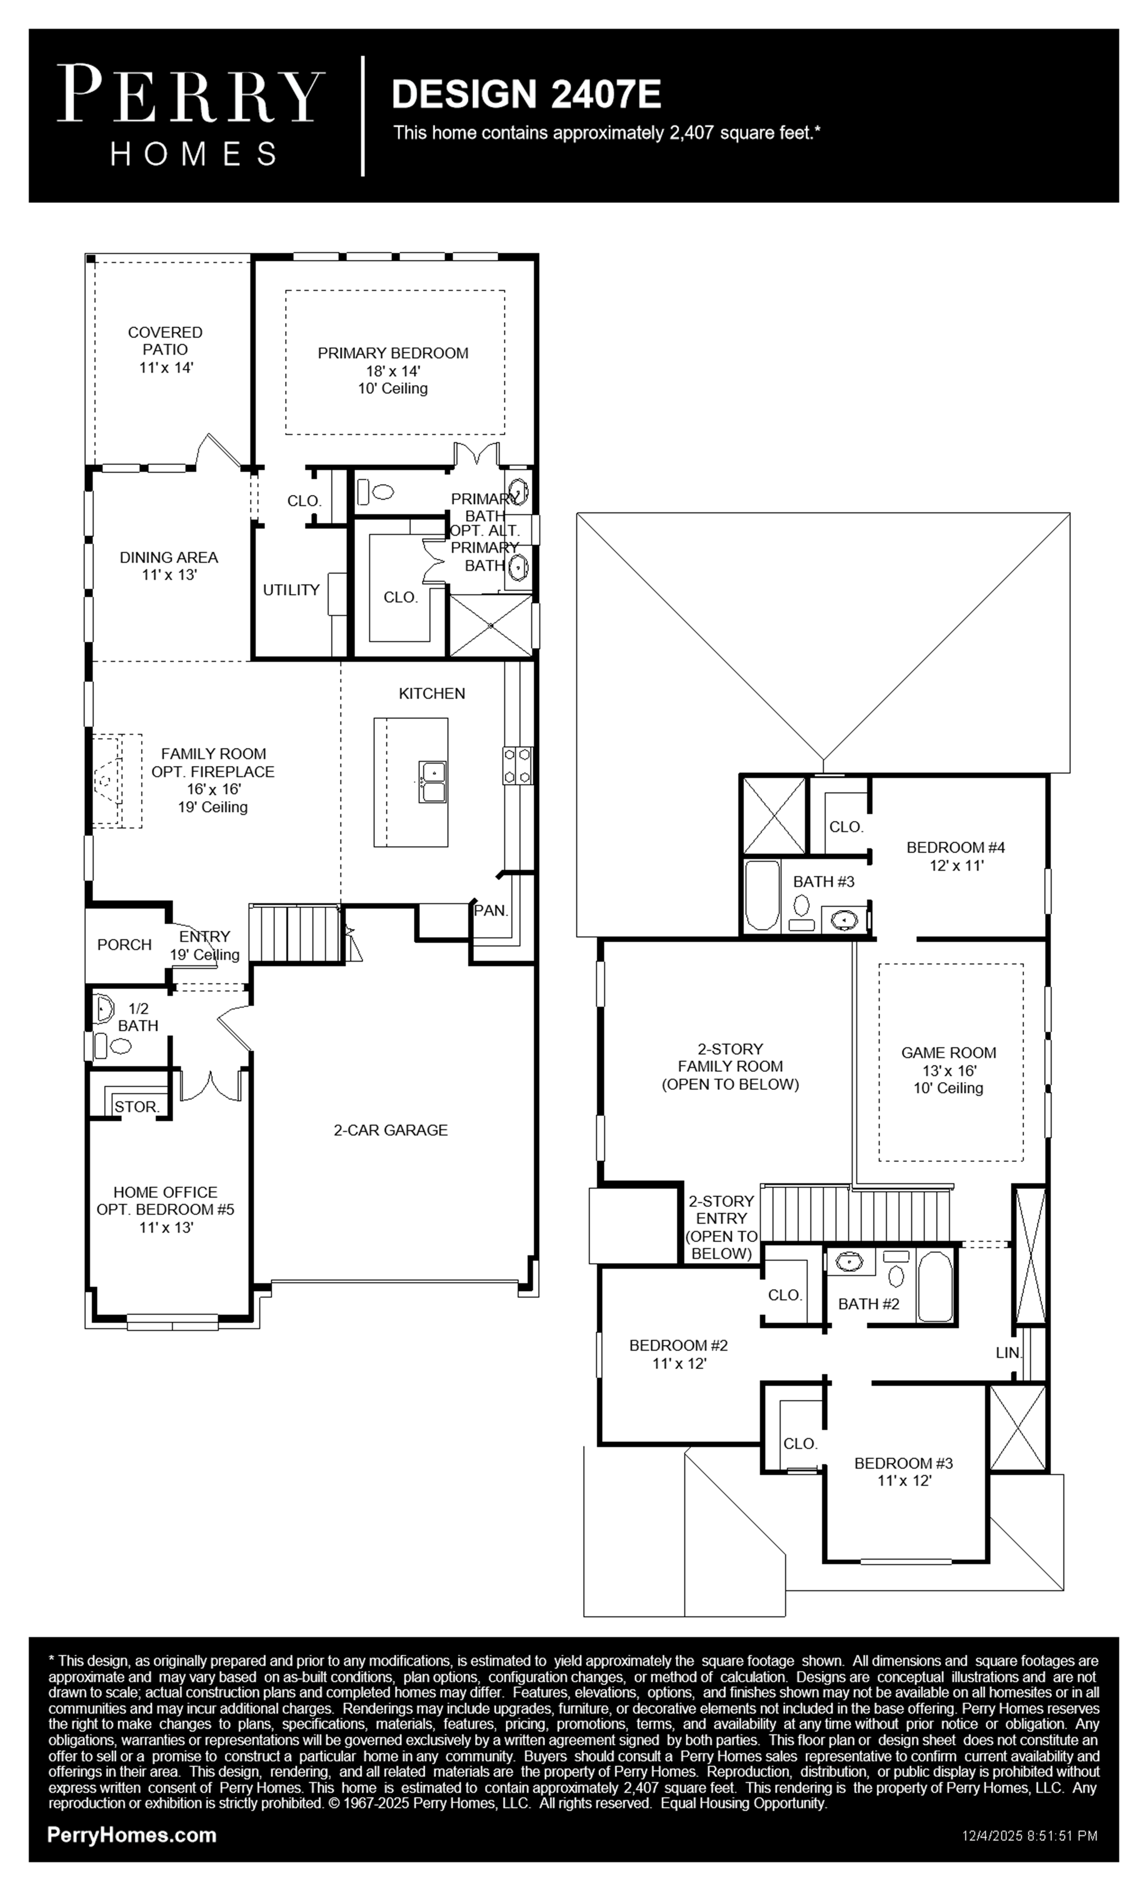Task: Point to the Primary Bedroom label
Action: click(393, 353)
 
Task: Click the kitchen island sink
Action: click(433, 781)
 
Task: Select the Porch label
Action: click(124, 945)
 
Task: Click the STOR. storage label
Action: click(136, 1107)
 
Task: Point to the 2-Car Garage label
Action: click(391, 1130)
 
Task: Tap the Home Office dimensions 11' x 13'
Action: click(166, 1227)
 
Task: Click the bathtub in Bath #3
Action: click(762, 895)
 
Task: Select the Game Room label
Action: click(949, 1053)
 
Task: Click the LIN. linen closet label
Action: click(1009, 1353)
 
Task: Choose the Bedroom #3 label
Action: click(904, 1463)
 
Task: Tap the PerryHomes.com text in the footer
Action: click(132, 1835)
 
